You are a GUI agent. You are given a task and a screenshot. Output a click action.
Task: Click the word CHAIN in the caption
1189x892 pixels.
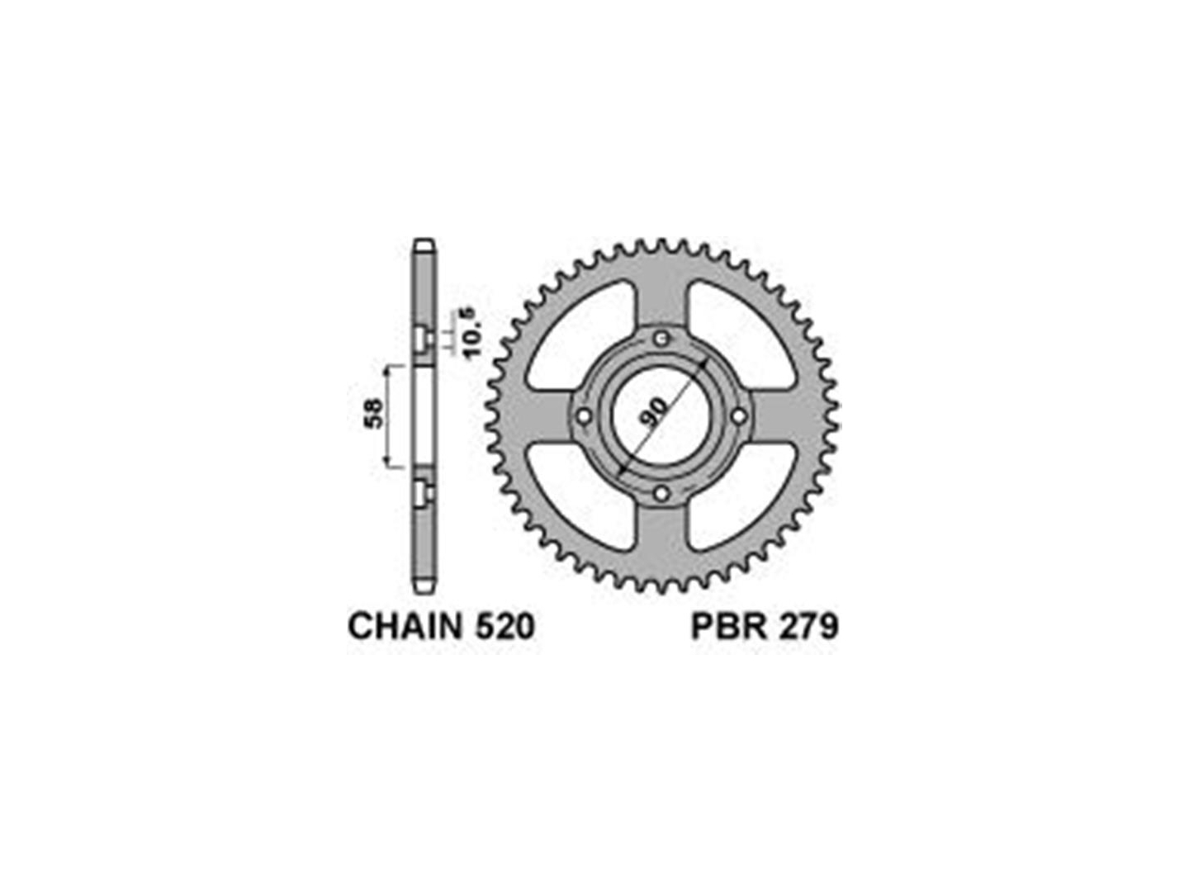(x=405, y=627)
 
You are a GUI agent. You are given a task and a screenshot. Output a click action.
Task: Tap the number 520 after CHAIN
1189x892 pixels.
(x=504, y=627)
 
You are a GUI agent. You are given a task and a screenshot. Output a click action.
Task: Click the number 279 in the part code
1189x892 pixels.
(x=807, y=627)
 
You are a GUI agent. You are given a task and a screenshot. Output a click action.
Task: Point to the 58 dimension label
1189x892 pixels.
(x=374, y=414)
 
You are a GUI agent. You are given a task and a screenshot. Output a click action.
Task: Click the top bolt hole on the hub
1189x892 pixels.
(x=661, y=339)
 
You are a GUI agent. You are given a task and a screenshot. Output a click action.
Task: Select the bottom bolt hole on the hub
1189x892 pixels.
(x=661, y=493)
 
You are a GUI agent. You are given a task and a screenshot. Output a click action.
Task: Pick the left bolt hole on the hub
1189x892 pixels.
(x=584, y=416)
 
